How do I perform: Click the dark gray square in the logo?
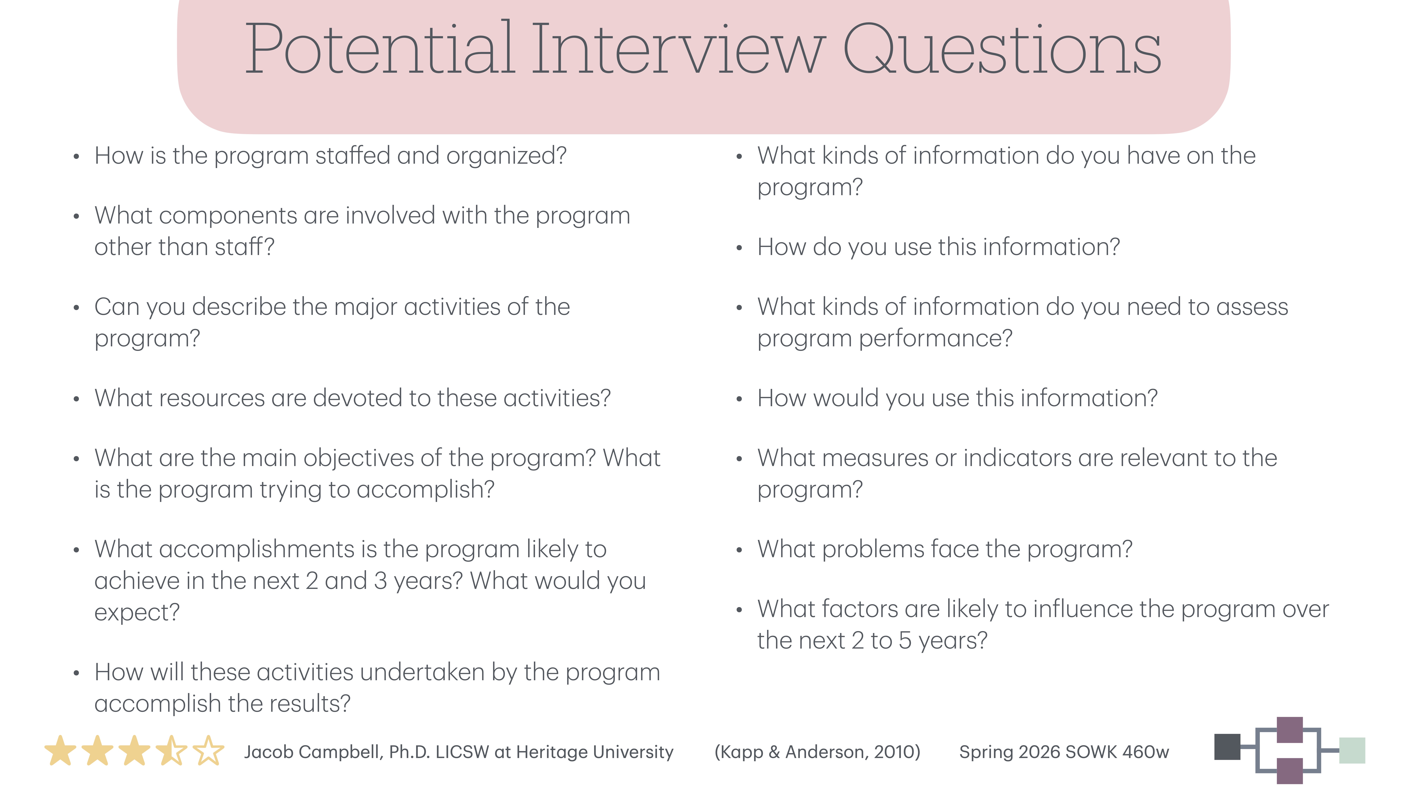(1227, 747)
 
